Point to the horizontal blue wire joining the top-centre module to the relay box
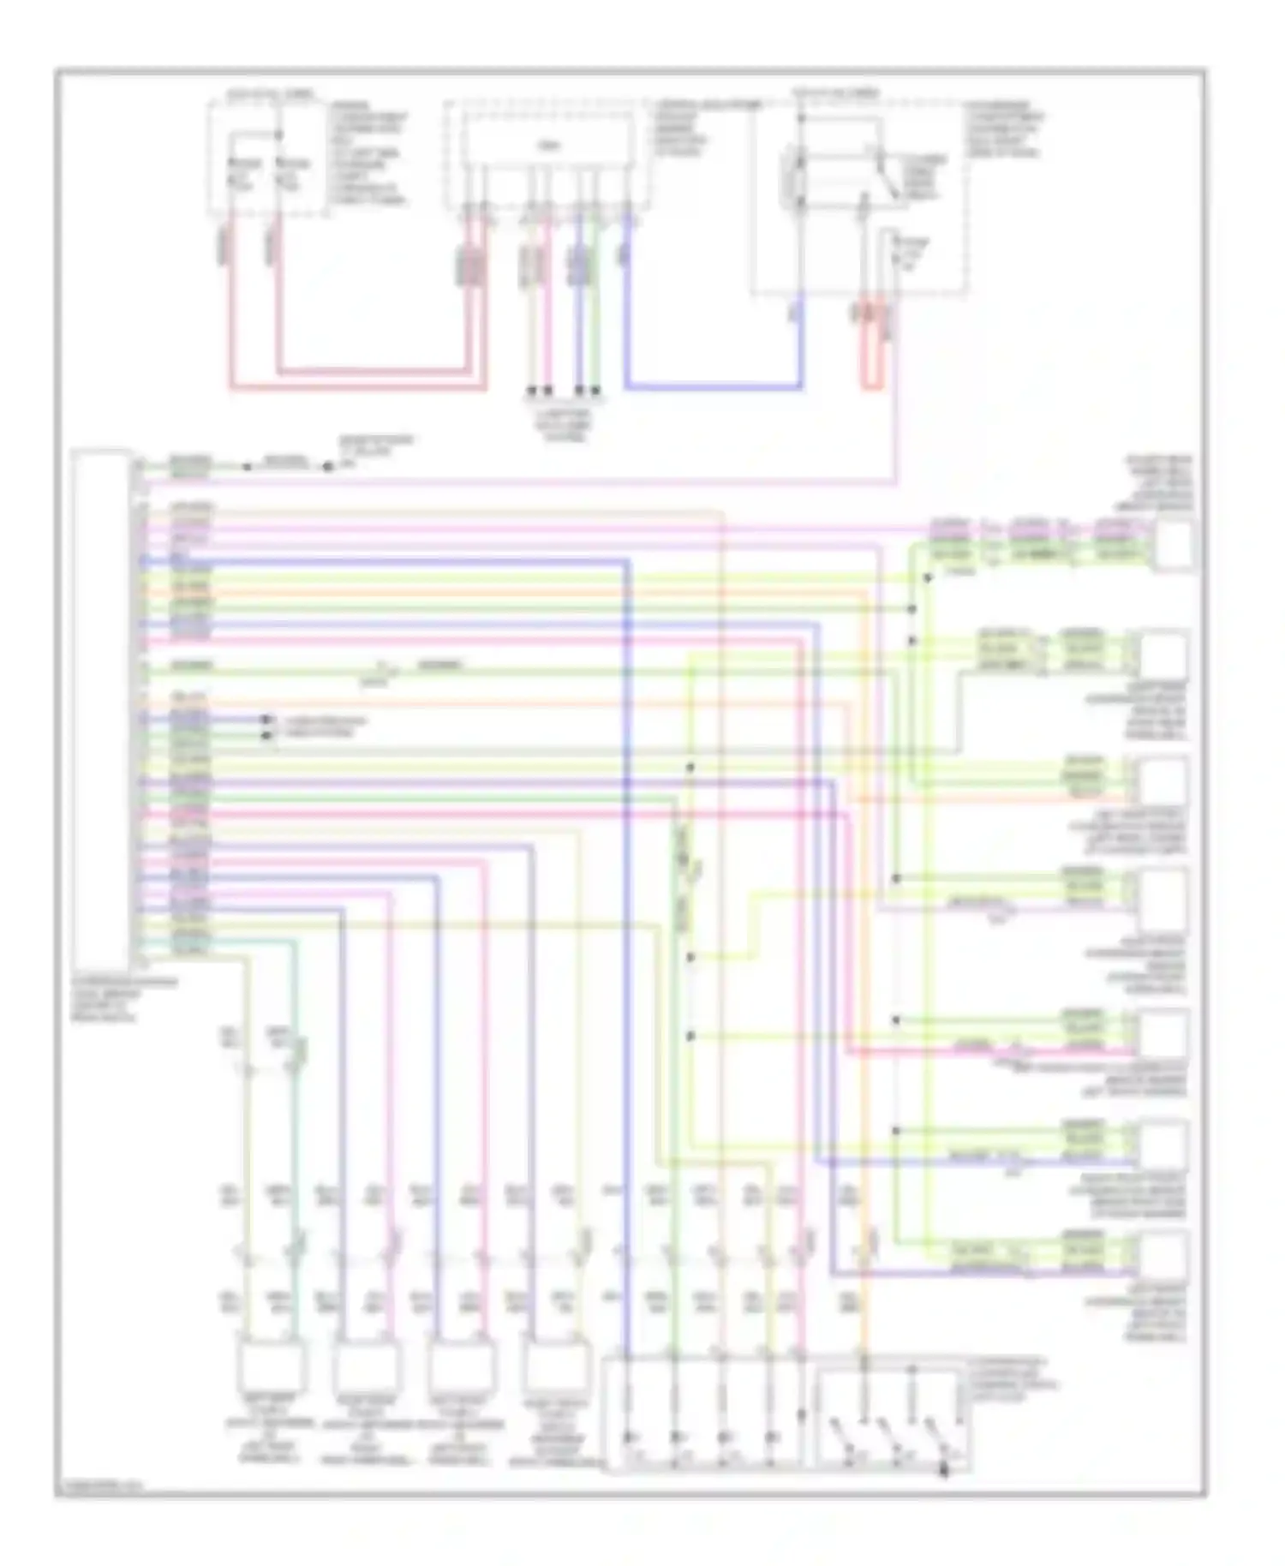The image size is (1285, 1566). click(713, 386)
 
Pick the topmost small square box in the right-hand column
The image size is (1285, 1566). click(1173, 544)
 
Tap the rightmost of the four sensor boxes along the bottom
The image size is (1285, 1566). click(558, 1364)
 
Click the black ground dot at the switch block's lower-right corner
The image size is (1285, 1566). click(945, 1472)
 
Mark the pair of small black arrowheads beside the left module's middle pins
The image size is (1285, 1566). click(266, 727)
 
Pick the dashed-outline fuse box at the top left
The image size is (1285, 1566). click(266, 154)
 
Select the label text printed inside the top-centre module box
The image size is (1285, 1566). click(546, 146)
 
